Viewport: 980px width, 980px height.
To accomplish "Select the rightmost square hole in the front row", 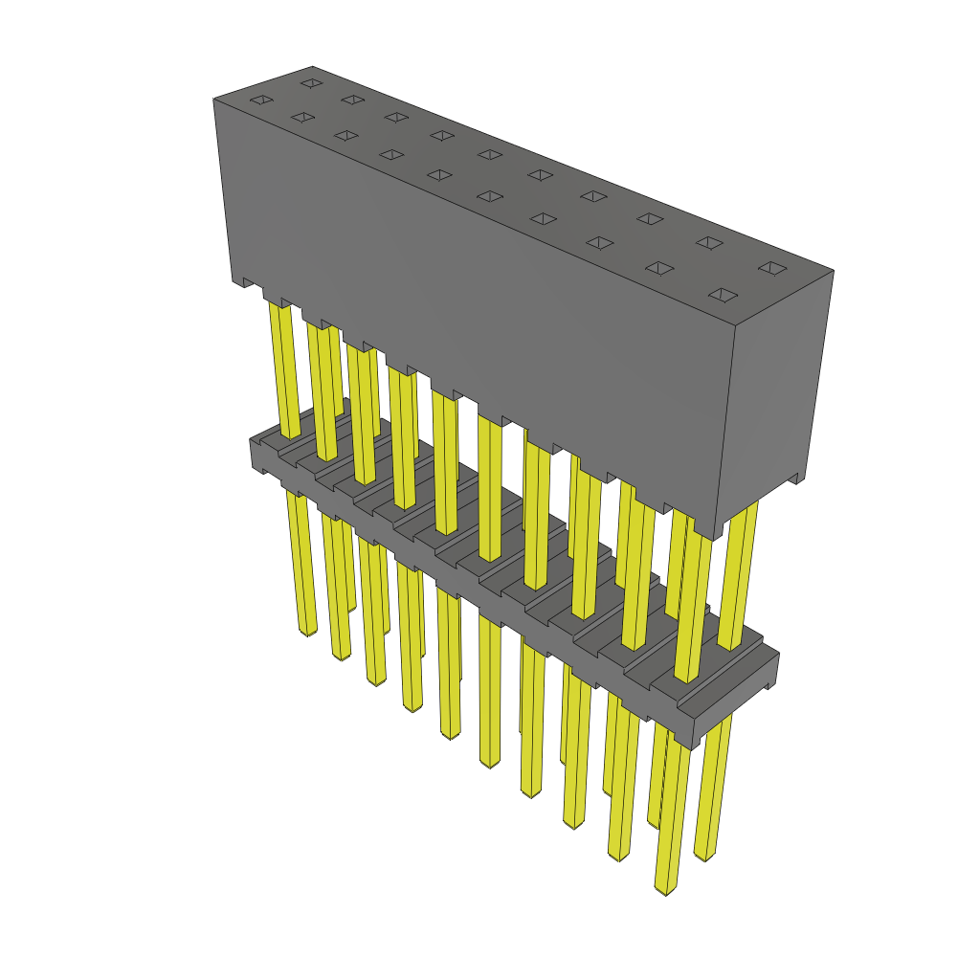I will click(724, 295).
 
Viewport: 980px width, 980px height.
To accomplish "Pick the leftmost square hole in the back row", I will click(310, 83).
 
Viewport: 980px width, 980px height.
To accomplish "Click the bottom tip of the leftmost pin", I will click(307, 633).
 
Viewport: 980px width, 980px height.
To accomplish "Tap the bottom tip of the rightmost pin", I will click(705, 855).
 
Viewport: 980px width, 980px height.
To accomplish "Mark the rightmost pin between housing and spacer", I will click(739, 574).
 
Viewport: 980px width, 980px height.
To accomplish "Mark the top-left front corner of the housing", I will click(213, 100).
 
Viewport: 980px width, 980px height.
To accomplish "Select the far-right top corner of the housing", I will click(834, 271).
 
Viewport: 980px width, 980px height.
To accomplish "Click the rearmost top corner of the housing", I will click(313, 67).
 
